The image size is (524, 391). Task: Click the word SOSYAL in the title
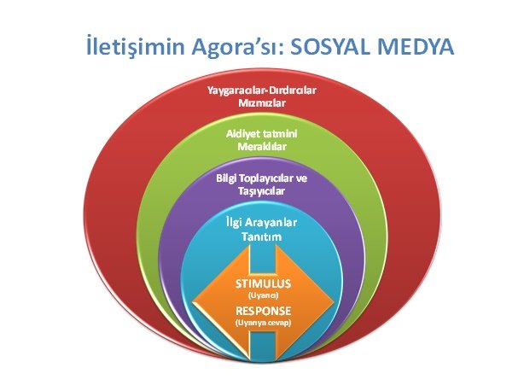329,47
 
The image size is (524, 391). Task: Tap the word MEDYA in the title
416,47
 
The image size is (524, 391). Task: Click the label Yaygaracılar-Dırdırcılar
262,90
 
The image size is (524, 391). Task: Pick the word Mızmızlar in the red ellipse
262,103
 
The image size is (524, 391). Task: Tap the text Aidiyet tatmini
262,134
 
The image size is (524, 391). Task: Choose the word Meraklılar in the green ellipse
262,146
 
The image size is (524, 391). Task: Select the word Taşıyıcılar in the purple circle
262,191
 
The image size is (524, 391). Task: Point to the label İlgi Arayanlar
261,223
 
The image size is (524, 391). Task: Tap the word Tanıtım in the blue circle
262,236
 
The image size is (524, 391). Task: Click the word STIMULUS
264,283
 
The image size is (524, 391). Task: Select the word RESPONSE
264,311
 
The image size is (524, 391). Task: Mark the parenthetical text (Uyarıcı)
264,295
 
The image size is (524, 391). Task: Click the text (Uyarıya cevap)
264,323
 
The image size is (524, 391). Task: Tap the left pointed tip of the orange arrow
193,303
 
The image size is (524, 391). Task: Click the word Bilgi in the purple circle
224,178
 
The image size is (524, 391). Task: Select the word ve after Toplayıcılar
302,178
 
